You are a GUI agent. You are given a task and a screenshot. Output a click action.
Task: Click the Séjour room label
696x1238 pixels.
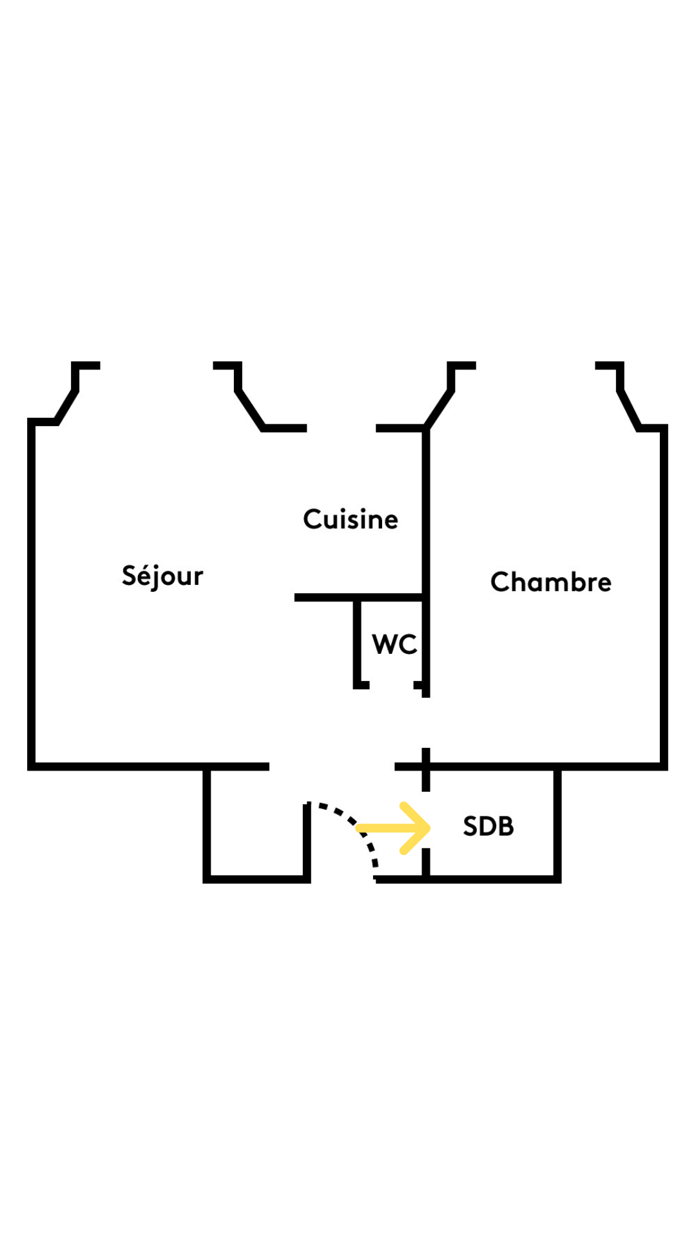point(162,575)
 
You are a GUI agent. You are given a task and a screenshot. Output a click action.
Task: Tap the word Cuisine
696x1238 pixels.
point(351,519)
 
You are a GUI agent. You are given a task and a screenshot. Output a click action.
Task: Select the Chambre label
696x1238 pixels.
point(551,582)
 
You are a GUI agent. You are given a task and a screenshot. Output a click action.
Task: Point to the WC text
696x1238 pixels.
point(394,644)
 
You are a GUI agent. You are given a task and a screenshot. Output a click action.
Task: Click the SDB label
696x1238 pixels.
point(488,826)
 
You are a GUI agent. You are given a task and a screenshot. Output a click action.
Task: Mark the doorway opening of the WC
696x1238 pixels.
point(391,685)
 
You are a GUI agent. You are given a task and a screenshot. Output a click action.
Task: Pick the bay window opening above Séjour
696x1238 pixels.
point(157,366)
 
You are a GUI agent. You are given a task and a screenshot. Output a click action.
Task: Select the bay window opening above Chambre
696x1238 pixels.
point(536,366)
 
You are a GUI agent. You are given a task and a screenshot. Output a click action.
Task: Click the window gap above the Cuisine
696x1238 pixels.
point(342,428)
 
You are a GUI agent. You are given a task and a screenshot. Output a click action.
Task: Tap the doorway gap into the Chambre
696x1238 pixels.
point(425,723)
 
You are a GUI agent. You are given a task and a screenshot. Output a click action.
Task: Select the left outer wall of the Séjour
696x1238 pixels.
point(31,594)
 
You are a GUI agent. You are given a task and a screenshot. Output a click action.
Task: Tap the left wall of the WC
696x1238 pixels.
point(357,641)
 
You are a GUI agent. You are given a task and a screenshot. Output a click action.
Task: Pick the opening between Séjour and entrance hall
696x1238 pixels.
point(332,767)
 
